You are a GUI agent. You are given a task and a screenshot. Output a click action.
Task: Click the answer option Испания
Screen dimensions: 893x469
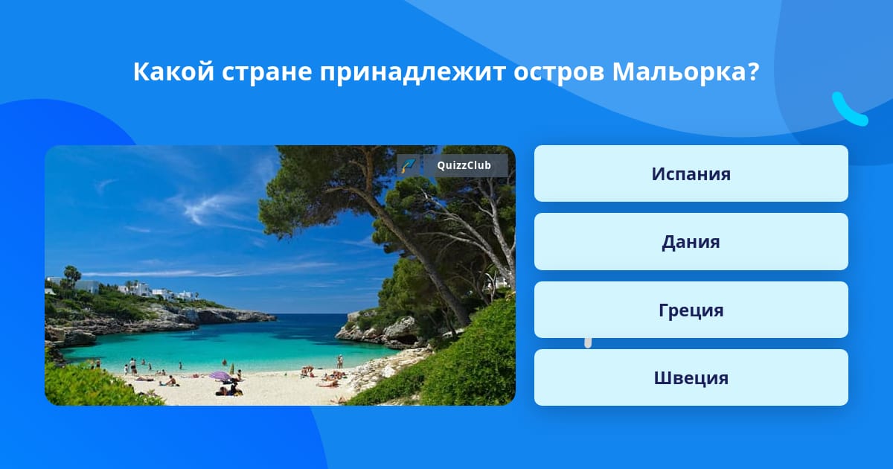[x=691, y=173]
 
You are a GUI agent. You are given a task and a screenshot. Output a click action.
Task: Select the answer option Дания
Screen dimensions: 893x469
[x=691, y=242]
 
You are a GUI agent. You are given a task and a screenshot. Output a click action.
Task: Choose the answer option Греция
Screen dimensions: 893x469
[x=691, y=310]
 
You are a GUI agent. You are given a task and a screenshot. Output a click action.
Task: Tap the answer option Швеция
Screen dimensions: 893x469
[x=691, y=377]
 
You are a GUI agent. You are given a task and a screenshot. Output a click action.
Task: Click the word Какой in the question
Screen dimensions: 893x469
[x=174, y=71]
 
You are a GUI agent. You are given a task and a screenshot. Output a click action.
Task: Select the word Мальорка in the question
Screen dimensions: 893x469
[x=679, y=71]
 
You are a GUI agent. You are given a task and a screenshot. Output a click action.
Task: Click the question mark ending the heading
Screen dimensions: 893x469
[x=753, y=71]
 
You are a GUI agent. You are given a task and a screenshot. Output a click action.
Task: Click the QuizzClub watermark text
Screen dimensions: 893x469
[x=464, y=165]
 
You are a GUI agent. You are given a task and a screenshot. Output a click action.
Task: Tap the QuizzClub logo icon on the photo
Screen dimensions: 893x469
[x=409, y=165]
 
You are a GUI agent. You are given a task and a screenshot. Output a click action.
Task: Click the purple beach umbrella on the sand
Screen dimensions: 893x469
[x=220, y=376]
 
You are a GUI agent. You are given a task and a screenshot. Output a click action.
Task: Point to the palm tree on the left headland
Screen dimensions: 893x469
[x=72, y=276]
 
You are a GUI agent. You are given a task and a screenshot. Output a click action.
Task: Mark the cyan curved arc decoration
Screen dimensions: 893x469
[x=849, y=110]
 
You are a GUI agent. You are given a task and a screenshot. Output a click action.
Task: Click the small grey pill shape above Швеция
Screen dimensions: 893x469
[x=588, y=343]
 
